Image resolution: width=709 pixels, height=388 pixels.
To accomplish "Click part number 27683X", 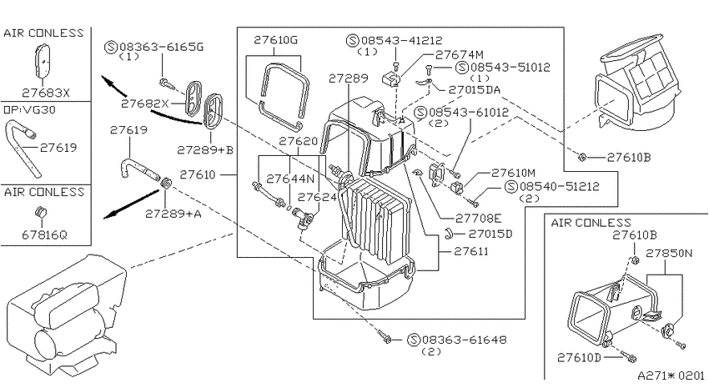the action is tap(46, 93).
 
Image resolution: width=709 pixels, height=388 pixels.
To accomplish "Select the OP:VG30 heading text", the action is tap(29, 110).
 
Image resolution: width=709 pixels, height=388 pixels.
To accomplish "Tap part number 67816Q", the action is tap(44, 234).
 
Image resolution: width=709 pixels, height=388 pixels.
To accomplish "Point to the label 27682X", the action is tap(144, 103).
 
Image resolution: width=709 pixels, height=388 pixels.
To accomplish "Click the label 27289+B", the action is tap(205, 149).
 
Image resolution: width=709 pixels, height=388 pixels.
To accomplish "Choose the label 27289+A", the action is tap(173, 214).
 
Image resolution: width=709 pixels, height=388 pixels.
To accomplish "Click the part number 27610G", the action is tap(275, 40).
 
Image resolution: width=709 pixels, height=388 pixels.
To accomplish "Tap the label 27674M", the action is tap(460, 55).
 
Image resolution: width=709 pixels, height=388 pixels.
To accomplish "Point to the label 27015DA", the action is tap(475, 89).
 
